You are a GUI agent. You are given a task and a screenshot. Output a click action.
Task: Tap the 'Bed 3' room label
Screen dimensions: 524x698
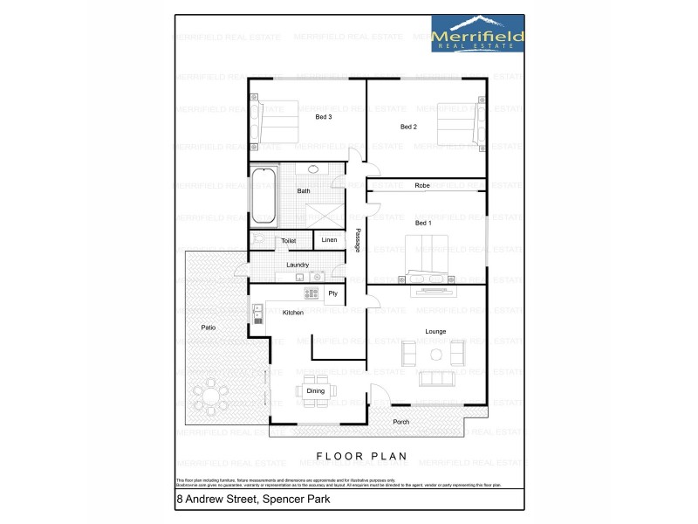click(x=323, y=117)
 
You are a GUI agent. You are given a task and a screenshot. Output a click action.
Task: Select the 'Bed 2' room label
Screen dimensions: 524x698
click(x=408, y=127)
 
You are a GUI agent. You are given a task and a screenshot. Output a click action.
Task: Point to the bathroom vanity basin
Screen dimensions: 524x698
click(x=311, y=169)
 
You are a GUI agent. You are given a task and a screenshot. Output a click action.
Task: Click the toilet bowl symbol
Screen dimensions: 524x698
click(x=256, y=238)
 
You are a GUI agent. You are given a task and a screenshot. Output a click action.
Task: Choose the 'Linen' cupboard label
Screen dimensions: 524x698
click(x=329, y=240)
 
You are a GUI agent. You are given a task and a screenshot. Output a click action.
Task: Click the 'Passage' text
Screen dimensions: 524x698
click(x=358, y=241)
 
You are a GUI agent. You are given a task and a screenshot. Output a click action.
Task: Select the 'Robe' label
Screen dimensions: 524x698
click(x=422, y=185)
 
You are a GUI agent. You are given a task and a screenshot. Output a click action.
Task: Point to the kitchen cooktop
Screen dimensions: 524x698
click(x=312, y=293)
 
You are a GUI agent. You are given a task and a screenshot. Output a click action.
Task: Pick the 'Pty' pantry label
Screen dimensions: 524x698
click(x=332, y=294)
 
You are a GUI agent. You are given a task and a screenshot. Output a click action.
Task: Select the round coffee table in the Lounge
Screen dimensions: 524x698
click(x=435, y=354)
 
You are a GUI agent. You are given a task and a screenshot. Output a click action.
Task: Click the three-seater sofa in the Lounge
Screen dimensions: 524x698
click(x=436, y=379)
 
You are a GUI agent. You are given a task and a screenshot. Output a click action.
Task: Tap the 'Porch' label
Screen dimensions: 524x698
click(x=400, y=422)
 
